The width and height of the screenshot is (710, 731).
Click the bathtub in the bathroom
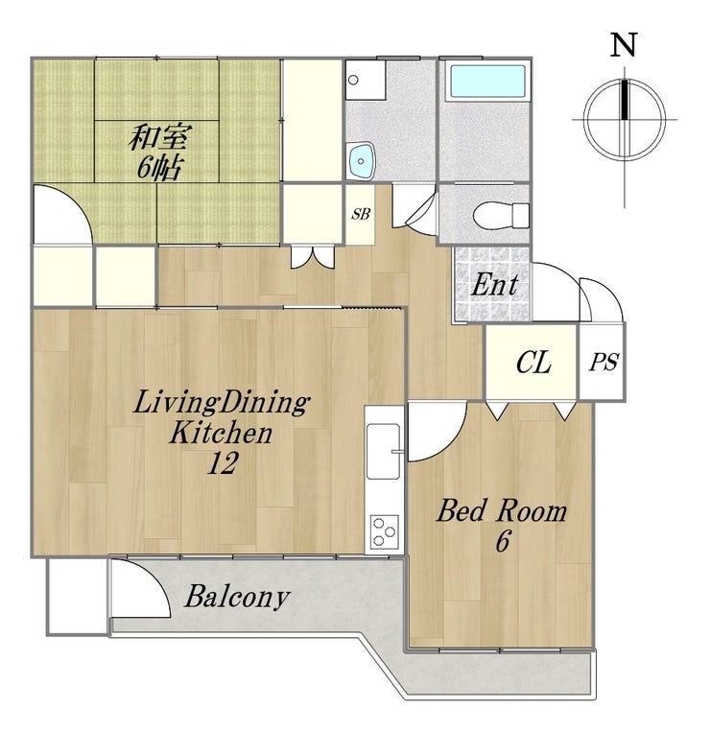click(x=487, y=82)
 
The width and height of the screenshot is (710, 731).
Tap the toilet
click(x=501, y=216)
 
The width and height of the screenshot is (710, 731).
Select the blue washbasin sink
click(x=361, y=161)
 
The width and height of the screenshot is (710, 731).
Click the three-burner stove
click(x=385, y=531)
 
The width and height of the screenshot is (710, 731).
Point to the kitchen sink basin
click(x=383, y=451)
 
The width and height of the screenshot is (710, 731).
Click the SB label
click(x=361, y=214)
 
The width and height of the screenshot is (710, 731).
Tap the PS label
click(x=603, y=362)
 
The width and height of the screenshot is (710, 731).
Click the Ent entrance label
click(x=494, y=284)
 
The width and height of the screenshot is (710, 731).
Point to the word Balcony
click(x=237, y=598)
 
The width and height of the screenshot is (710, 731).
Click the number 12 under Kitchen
click(x=223, y=463)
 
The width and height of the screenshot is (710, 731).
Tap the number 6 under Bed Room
click(x=502, y=541)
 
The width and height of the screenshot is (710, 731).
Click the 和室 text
click(x=159, y=137)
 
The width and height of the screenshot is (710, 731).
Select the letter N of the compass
click(x=624, y=45)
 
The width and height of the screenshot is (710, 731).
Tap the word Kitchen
click(x=221, y=433)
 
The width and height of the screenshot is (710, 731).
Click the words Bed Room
click(x=502, y=510)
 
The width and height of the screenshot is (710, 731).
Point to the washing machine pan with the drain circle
click(x=366, y=80)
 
